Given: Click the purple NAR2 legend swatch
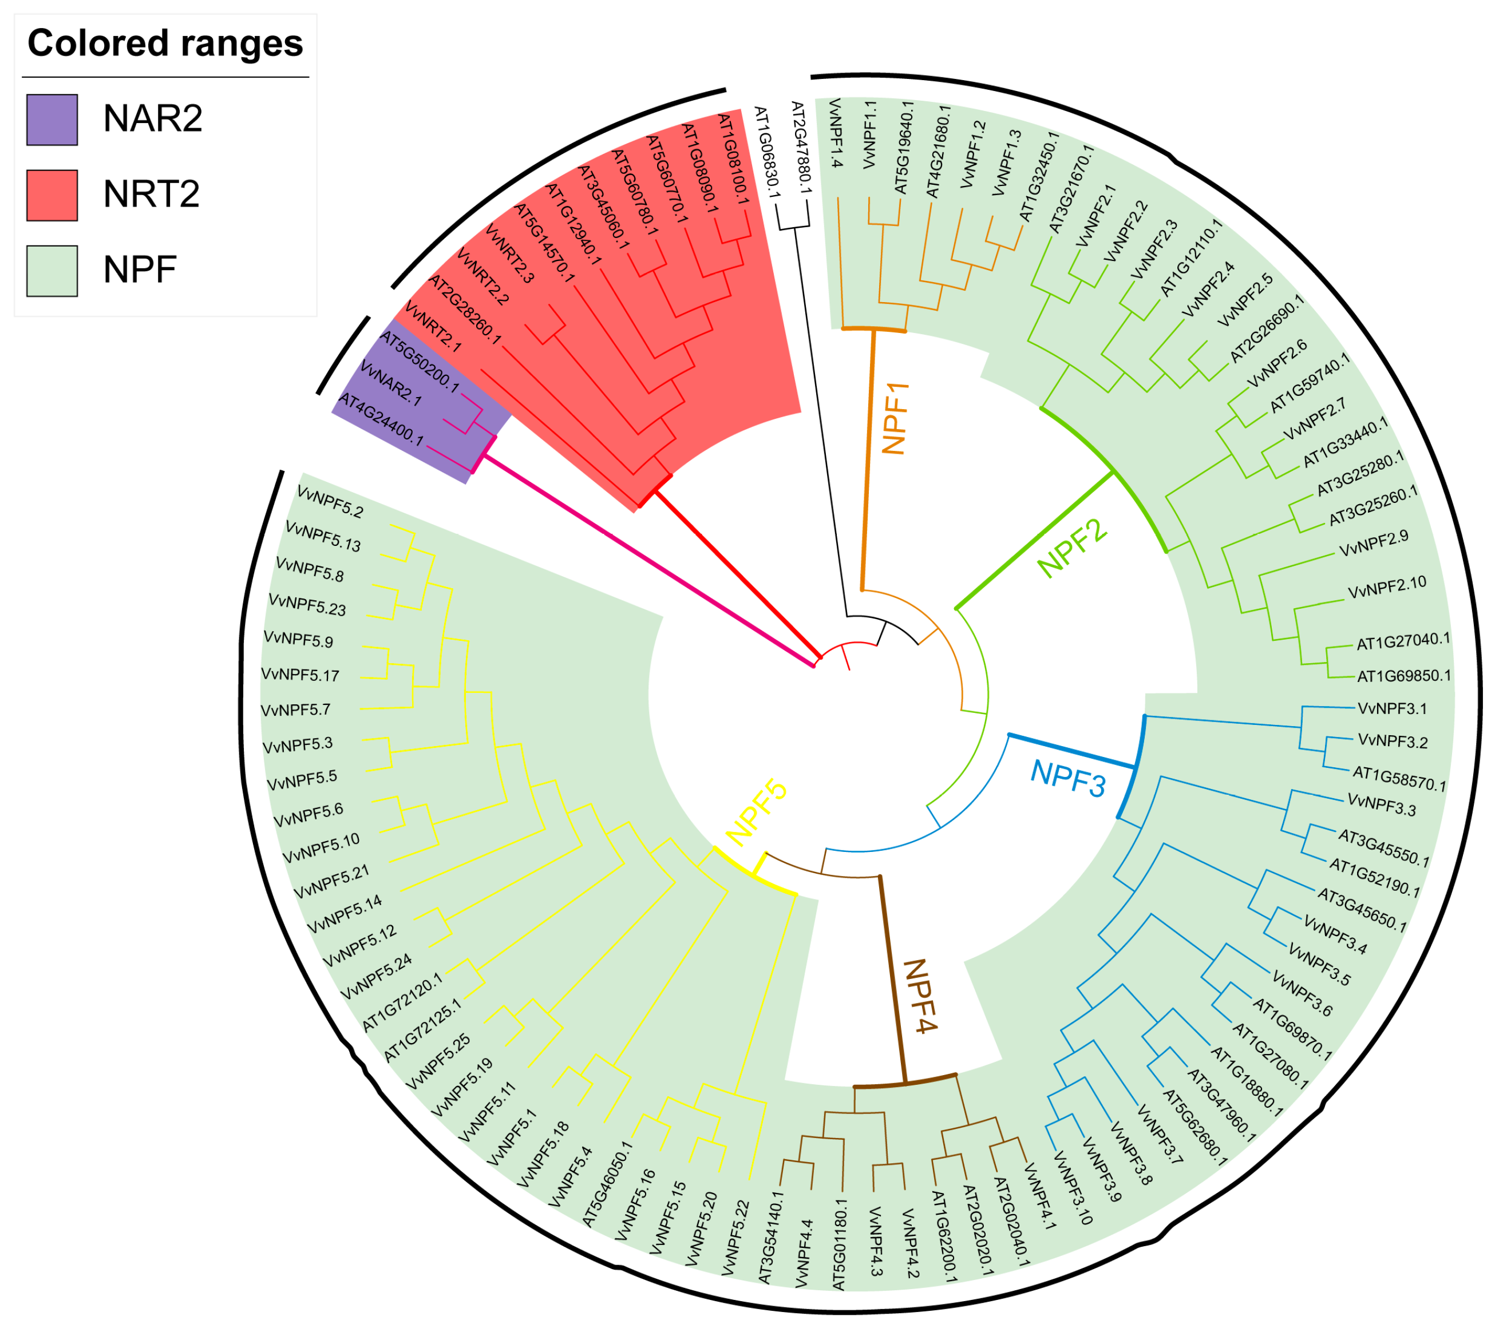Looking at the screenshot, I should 52,119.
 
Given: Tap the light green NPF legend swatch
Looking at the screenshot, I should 52,271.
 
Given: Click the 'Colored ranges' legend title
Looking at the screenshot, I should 165,43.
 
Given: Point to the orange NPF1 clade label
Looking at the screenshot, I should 895,418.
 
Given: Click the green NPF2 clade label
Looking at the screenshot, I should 1072,547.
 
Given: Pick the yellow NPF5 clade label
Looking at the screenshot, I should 756,812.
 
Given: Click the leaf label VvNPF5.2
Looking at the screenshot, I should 330,501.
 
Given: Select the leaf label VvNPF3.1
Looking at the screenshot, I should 1392,709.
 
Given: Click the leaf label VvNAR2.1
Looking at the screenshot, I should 390,384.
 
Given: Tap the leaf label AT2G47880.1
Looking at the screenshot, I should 800,148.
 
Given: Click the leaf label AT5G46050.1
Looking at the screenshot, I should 607,1183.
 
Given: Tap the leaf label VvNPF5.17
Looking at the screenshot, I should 300,674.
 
